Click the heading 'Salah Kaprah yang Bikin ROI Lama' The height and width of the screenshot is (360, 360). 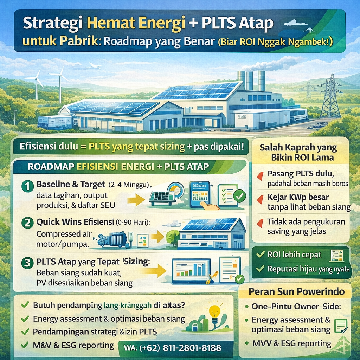point(298,152)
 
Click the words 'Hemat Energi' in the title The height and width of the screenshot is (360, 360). point(139,24)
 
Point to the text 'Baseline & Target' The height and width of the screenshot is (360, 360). point(71,184)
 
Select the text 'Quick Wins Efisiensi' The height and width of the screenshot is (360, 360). point(73,222)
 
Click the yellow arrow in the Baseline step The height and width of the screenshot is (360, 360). point(136,200)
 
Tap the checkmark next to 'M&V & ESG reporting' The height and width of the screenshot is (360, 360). point(25,345)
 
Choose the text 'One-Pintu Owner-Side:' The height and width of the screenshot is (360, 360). point(296,306)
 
